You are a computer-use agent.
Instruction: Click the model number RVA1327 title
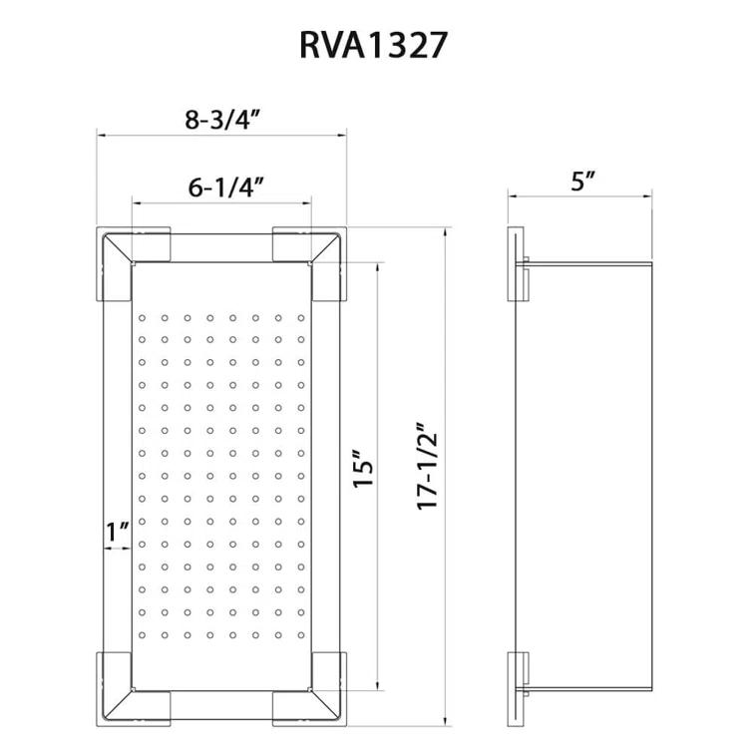(376, 46)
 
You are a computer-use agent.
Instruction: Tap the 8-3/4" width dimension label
(221, 119)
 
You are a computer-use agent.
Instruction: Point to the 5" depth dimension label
(583, 181)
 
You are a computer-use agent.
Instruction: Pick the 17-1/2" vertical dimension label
(428, 466)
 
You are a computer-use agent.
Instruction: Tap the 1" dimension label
(118, 533)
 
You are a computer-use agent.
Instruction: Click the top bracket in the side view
(518, 264)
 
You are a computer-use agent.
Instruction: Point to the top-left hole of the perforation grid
(143, 319)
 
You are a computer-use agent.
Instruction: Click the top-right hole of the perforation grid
(299, 319)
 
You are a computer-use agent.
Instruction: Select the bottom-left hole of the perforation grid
(143, 635)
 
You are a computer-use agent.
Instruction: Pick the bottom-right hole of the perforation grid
(299, 635)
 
